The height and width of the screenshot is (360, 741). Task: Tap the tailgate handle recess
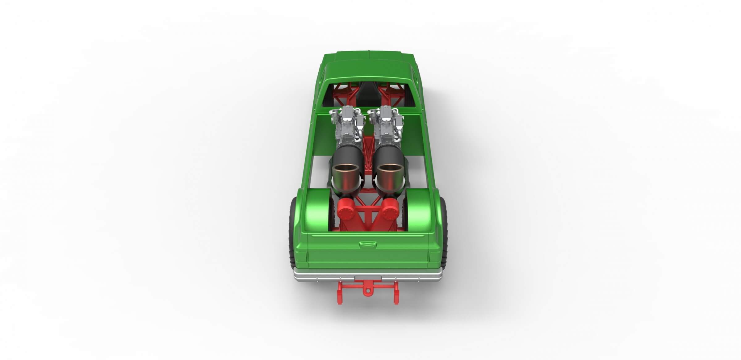368,245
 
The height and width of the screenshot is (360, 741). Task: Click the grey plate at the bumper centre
368,279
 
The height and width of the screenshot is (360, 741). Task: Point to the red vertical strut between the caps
368,216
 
